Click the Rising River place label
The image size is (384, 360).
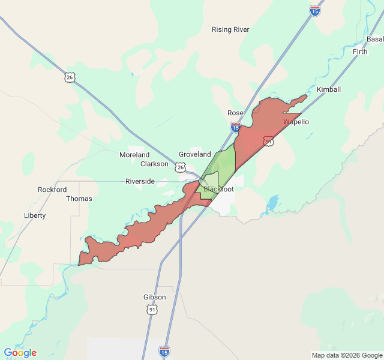pyautogui.click(x=230, y=29)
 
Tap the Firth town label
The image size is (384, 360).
pyautogui.click(x=360, y=52)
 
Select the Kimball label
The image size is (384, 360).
pyautogui.click(x=328, y=89)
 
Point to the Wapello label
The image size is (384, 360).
pyautogui.click(x=296, y=122)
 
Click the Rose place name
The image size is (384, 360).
pyautogui.click(x=235, y=113)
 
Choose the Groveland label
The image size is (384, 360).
pyautogui.click(x=195, y=154)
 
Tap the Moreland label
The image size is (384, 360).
pyautogui.click(x=134, y=155)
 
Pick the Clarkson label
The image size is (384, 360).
pyautogui.click(x=154, y=164)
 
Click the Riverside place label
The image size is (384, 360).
pyautogui.click(x=140, y=181)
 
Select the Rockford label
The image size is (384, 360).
pyautogui.click(x=52, y=190)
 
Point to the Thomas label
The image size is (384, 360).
pyautogui.click(x=79, y=199)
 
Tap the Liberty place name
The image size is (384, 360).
pyautogui.click(x=34, y=215)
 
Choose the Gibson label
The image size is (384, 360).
pyautogui.click(x=154, y=297)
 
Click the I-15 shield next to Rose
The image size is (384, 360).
pyautogui.click(x=235, y=127)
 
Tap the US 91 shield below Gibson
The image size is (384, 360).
pyautogui.click(x=152, y=309)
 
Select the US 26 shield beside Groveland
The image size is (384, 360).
pyautogui.click(x=181, y=167)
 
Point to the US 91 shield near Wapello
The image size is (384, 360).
pyautogui.click(x=268, y=141)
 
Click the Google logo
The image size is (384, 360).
pyautogui.click(x=20, y=353)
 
